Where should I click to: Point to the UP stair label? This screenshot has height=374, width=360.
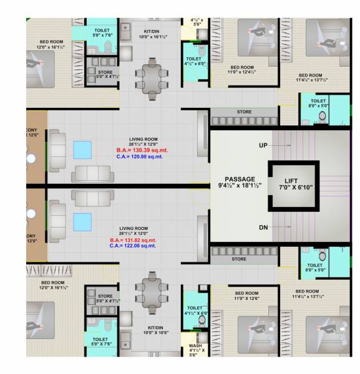263,145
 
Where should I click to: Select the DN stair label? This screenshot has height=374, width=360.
263,228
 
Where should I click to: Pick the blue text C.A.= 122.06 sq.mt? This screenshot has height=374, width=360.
132,246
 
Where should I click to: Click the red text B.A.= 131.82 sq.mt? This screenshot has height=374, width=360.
133,240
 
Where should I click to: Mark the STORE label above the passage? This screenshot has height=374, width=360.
244,112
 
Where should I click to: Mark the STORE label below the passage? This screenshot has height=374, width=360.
239,259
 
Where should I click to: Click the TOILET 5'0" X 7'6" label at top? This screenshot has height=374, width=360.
102,32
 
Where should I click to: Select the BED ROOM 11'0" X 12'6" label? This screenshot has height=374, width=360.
247,296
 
